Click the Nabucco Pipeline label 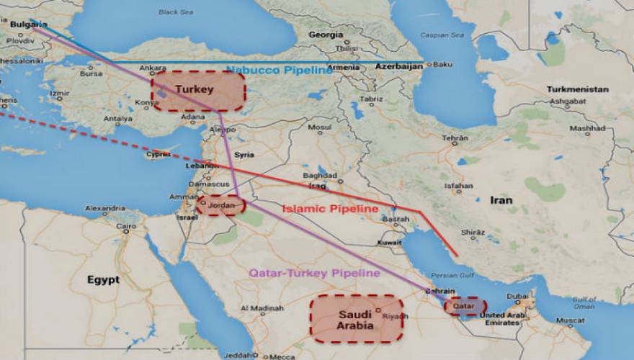pos(280,71)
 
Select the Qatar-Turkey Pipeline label pos(314,274)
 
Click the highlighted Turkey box pos(198,91)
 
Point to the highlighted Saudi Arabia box pos(356,318)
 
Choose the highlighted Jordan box pos(221,204)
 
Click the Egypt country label pos(103,279)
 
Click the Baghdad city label pos(321,176)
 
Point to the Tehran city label pos(455,138)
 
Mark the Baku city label pos(442,65)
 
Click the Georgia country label pos(326,35)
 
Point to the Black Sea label pos(176,12)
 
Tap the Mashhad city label pos(587,129)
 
